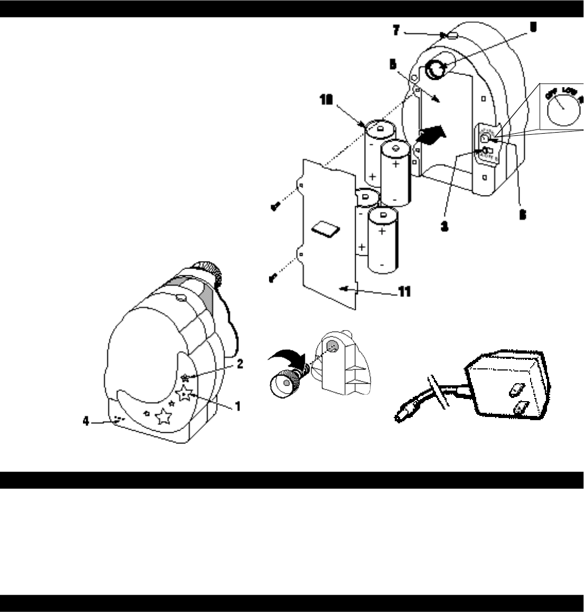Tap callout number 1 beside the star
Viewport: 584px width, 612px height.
pyautogui.click(x=238, y=406)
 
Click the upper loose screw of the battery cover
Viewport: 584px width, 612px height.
pyautogui.click(x=274, y=208)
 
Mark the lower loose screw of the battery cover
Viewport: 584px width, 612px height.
pyautogui.click(x=273, y=278)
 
